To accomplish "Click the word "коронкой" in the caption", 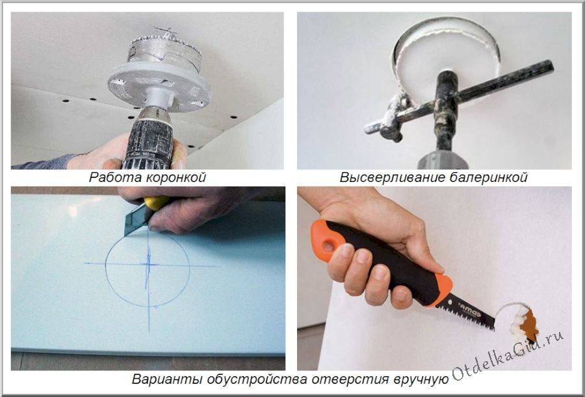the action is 175,177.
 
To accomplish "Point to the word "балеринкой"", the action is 488,177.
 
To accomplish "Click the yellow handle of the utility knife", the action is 156,203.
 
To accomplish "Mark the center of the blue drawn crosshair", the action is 149,264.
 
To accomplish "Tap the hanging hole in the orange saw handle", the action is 328,246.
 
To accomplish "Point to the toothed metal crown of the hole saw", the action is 164,53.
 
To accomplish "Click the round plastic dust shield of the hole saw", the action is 159,86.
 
